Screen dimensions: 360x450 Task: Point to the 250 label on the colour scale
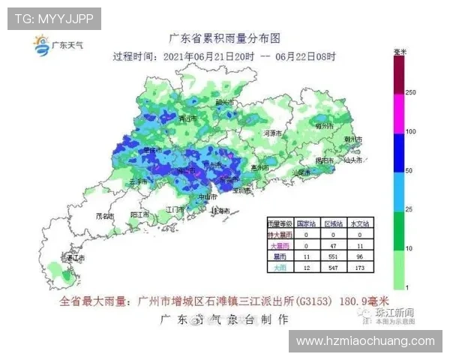[410, 91]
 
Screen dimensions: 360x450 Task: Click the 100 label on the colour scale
[410, 132]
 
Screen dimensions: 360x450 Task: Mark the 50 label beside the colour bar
[409, 171]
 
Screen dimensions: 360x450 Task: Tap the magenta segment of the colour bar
[400, 112]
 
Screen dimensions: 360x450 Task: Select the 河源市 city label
[271, 133]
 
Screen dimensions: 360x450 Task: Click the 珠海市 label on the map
[220, 211]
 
